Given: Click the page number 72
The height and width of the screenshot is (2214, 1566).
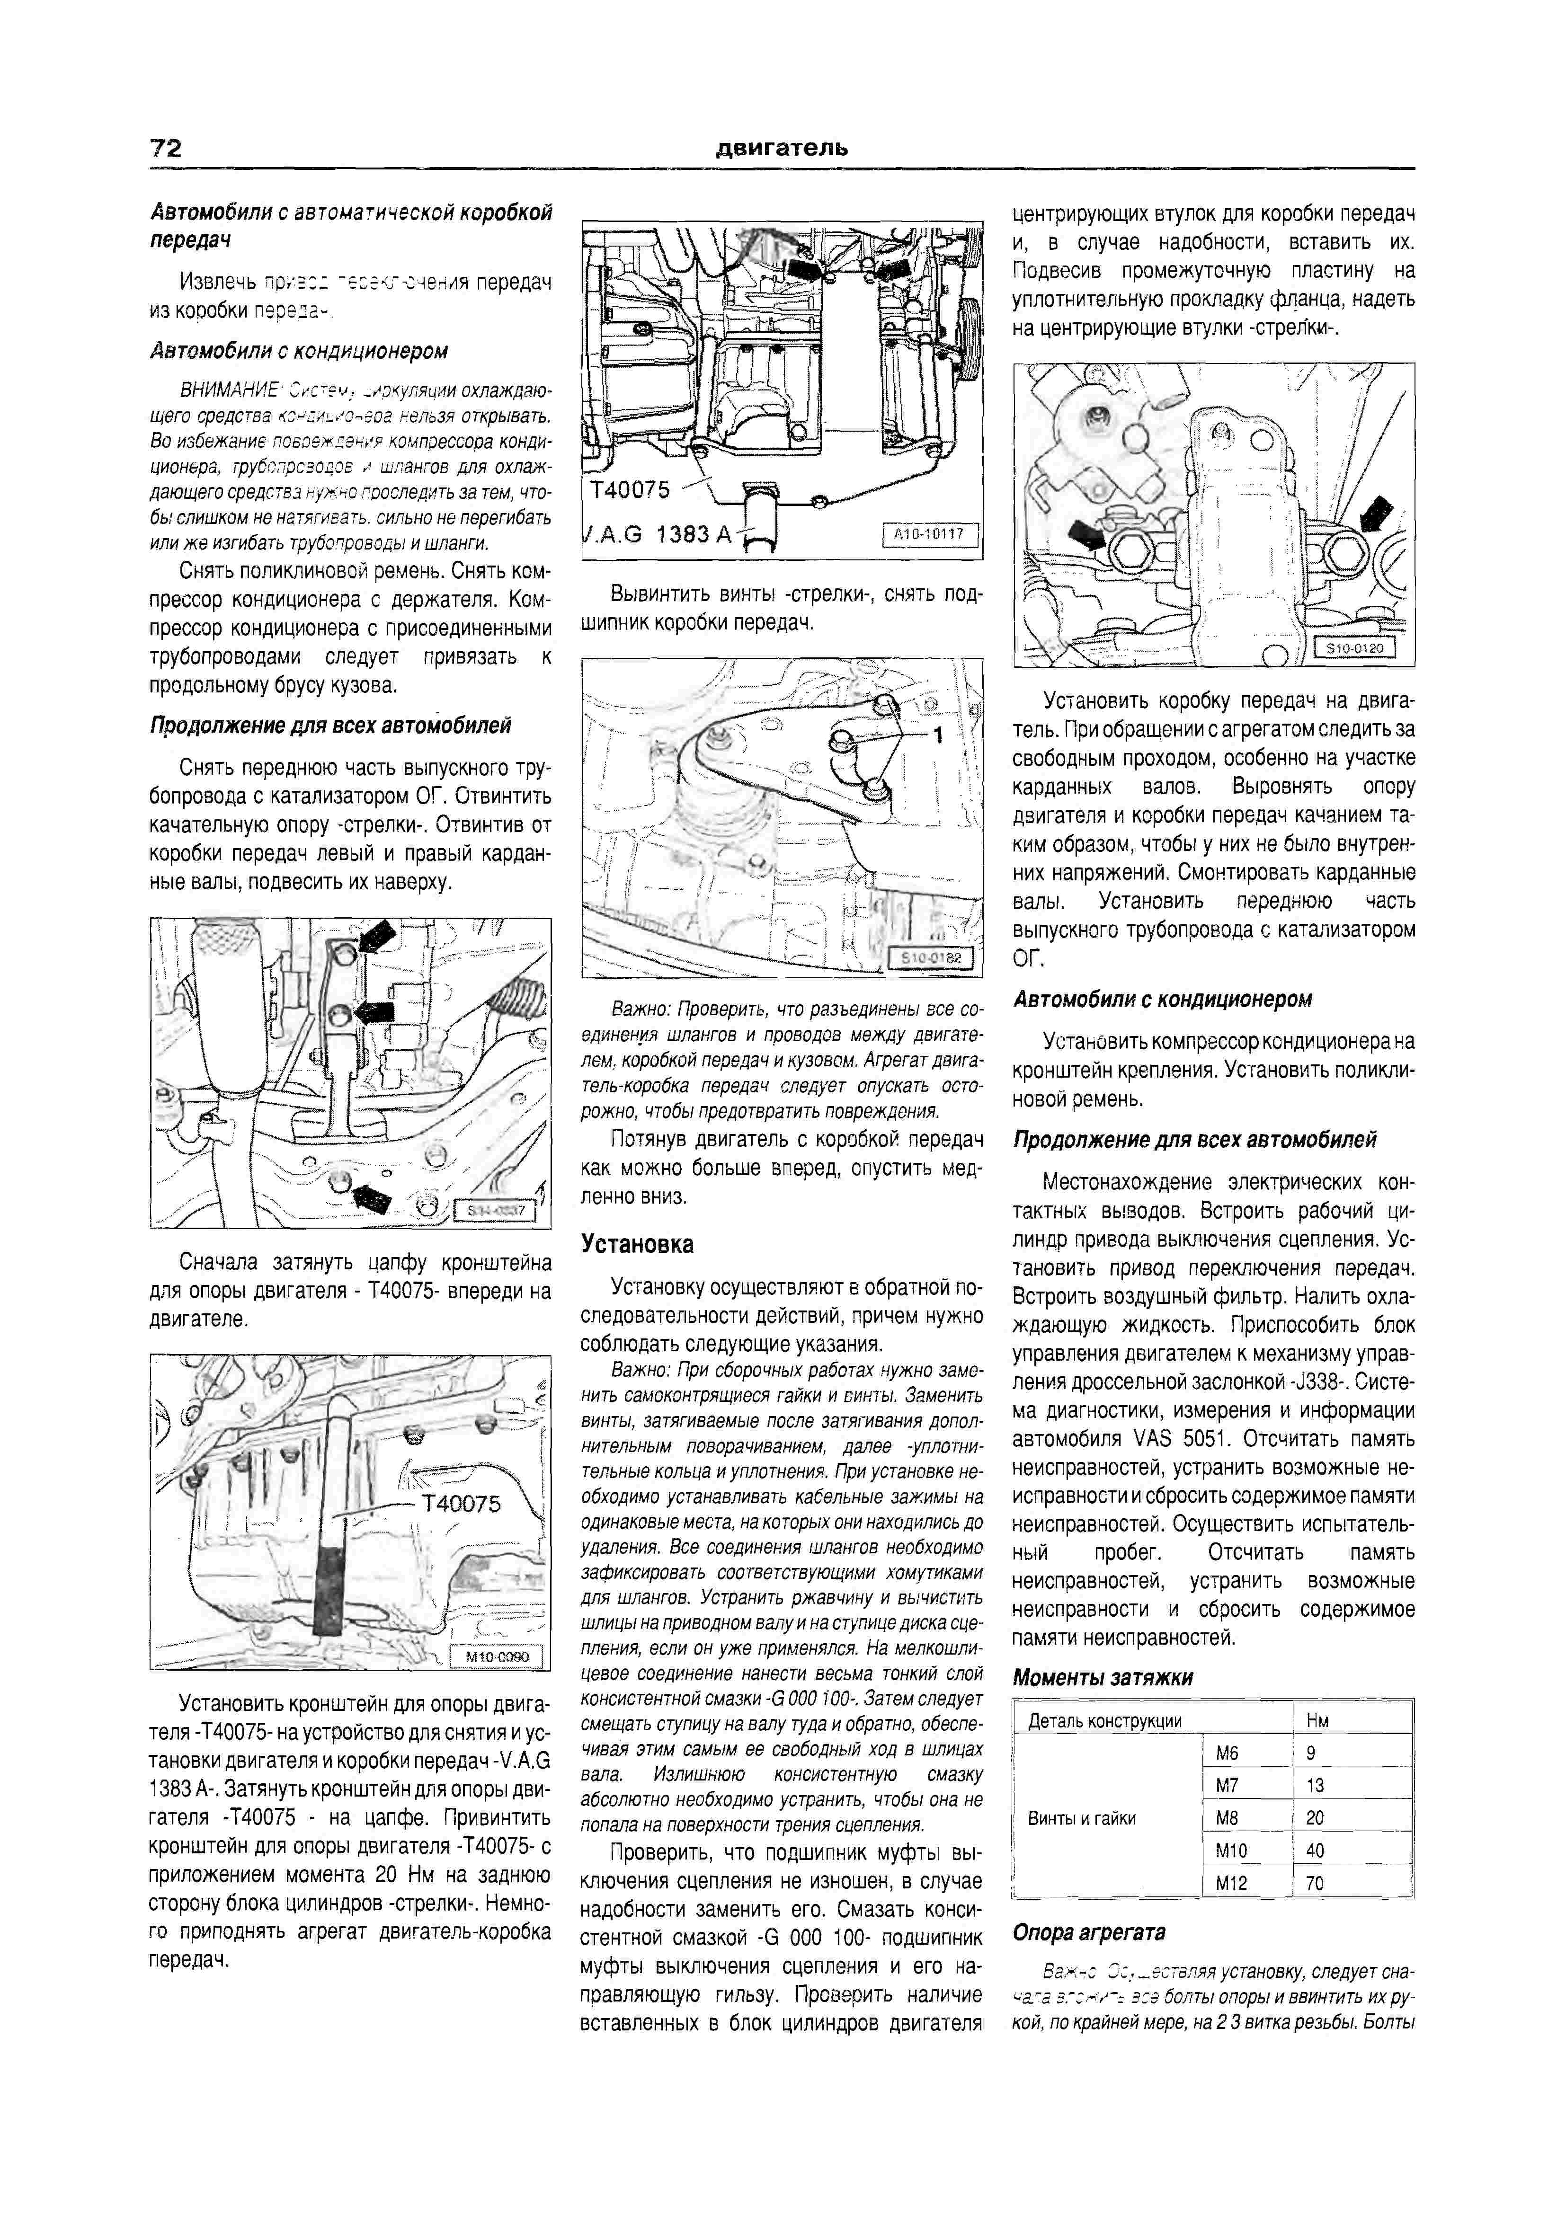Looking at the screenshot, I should click(166, 148).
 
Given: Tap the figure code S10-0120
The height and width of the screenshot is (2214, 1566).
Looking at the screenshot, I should click(1355, 648).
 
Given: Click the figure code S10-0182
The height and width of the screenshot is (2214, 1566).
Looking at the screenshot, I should click(931, 957).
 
